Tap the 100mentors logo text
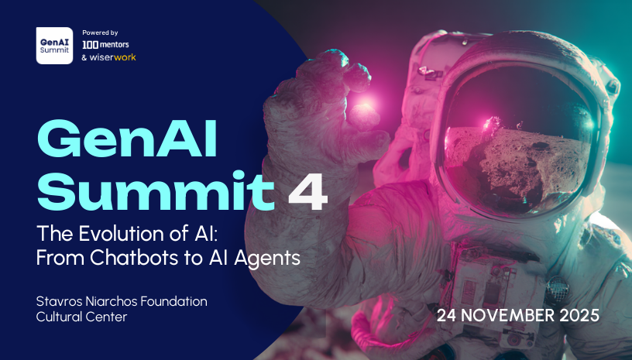click(x=110, y=45)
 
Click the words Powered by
click(x=100, y=33)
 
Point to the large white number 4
click(x=308, y=194)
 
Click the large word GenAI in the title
click(x=127, y=142)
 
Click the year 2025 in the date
click(x=578, y=316)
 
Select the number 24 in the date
click(x=447, y=316)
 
